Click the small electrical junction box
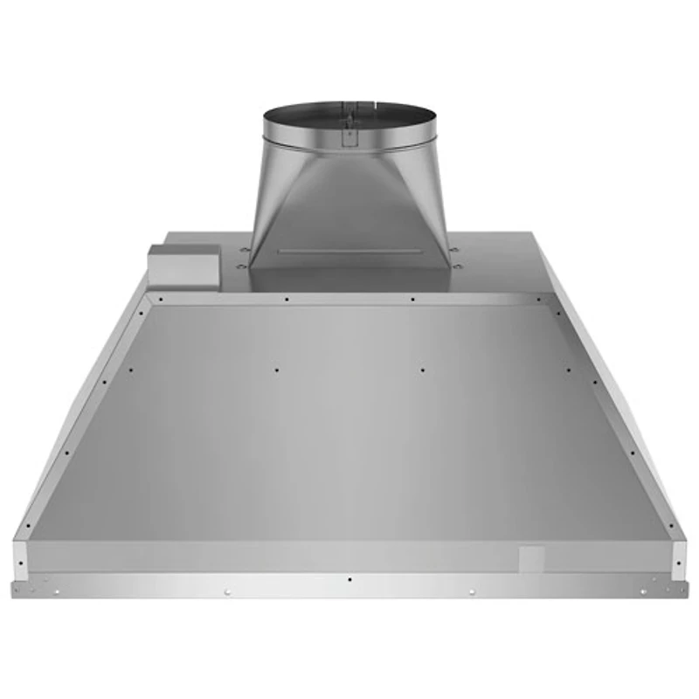point(181,263)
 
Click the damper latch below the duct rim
point(349,136)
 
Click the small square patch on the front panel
point(531,558)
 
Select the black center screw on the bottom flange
point(349,579)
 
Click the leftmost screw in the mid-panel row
point(130,370)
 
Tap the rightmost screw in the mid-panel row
point(569,370)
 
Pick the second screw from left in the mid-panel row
point(276,370)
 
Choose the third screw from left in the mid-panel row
point(422,370)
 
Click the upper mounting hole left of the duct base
point(244,251)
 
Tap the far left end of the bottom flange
point(15,587)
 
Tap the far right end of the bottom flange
point(684,587)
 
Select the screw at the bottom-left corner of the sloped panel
point(28,526)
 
